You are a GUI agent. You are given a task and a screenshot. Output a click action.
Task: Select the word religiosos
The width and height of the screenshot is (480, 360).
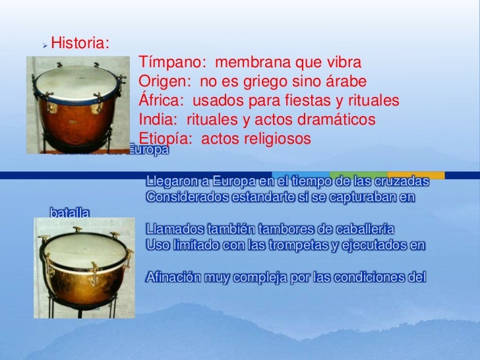(x=274, y=139)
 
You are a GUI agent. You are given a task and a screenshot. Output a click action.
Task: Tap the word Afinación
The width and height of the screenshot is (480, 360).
(x=173, y=276)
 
